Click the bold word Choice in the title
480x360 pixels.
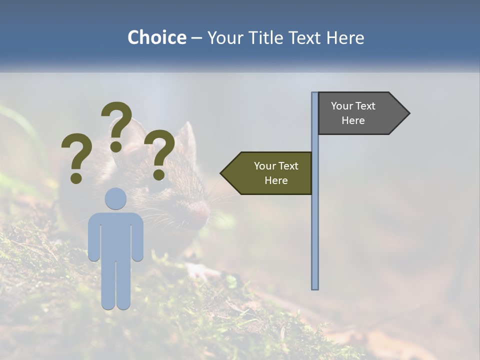(x=156, y=37)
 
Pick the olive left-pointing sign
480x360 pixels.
(x=270, y=173)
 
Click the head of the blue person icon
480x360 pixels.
(x=115, y=198)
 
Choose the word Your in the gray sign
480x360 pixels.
(x=341, y=106)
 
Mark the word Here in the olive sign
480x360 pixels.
(x=276, y=180)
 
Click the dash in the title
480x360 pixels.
(x=196, y=38)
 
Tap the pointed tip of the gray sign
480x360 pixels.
(x=408, y=113)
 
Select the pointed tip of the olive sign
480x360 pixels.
(x=222, y=173)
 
